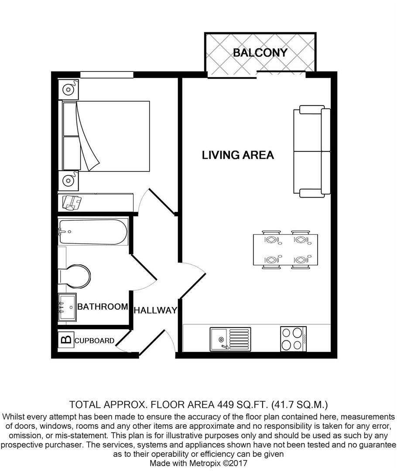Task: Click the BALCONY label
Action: click(x=260, y=53)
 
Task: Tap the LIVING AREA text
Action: click(x=238, y=155)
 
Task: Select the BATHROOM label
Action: click(x=103, y=307)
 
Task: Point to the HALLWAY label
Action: click(x=155, y=311)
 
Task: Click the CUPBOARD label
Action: click(x=94, y=341)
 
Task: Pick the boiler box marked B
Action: click(x=66, y=340)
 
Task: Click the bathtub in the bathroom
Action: click(x=93, y=232)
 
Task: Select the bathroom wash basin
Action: click(x=67, y=307)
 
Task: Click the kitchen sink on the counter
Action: click(x=230, y=339)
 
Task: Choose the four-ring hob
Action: click(x=293, y=339)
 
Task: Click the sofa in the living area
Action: click(x=312, y=151)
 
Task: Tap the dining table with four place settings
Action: click(x=285, y=249)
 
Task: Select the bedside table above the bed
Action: click(x=68, y=89)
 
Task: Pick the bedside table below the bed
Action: click(x=68, y=181)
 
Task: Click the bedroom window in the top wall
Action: click(x=107, y=75)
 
